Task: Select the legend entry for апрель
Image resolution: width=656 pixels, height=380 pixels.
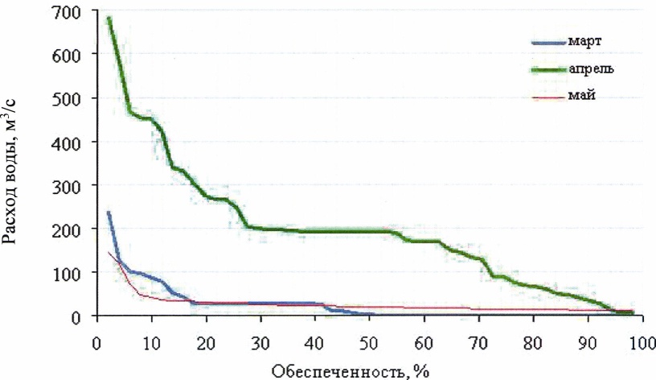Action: (x=595, y=68)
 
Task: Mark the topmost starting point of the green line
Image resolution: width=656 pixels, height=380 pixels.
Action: (x=109, y=19)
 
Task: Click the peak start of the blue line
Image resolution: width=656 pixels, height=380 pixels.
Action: (x=109, y=213)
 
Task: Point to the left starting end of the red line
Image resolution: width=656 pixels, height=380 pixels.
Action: (x=109, y=253)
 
